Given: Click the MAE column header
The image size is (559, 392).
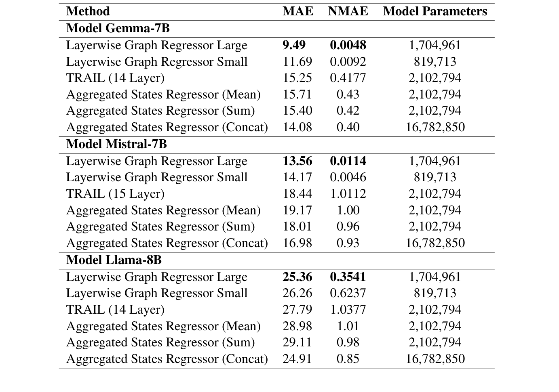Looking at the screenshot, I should click(297, 11).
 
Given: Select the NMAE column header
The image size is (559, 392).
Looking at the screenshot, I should click(348, 11).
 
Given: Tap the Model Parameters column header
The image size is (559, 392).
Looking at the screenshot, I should click(435, 11).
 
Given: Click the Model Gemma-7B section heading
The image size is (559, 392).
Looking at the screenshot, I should click(118, 28).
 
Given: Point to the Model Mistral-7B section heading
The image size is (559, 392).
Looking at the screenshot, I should click(116, 144).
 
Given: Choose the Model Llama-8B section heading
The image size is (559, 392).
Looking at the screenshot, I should click(114, 260).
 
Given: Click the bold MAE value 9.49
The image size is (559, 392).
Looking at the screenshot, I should click(294, 45).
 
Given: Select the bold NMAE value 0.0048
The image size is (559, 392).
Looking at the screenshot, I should click(348, 45).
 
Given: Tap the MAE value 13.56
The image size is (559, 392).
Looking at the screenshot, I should click(297, 161).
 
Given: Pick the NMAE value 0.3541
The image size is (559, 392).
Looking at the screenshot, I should click(348, 277).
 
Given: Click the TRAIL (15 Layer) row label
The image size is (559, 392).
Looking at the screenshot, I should click(115, 194).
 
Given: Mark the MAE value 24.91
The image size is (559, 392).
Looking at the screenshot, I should click(297, 359).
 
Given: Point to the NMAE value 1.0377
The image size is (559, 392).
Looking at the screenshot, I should click(348, 310).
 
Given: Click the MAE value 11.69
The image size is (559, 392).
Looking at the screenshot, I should click(297, 62).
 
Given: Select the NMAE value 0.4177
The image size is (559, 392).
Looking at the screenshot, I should click(348, 78).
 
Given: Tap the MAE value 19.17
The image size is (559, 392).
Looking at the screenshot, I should click(297, 210).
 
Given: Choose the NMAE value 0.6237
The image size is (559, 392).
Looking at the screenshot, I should click(348, 293).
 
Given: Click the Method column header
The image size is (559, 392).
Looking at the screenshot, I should click(88, 11).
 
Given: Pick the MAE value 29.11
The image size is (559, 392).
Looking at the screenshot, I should click(297, 342).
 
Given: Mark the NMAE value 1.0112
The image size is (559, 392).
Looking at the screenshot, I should click(348, 194).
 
